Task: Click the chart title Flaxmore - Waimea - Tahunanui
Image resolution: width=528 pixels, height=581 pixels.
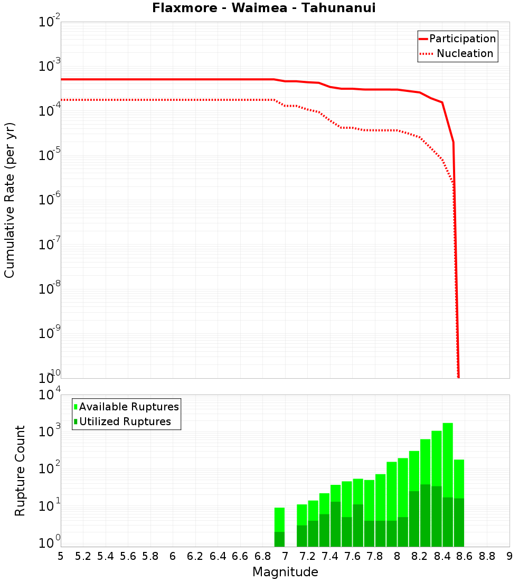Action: tap(263, 8)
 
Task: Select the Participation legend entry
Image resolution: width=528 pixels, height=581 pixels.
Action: tap(462, 39)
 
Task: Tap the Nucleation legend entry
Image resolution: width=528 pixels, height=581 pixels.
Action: tap(465, 53)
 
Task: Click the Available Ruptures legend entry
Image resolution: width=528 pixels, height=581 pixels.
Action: tap(129, 407)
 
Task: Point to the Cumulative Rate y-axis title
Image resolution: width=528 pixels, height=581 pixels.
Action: tap(10, 200)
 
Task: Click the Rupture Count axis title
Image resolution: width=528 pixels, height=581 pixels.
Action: tap(20, 471)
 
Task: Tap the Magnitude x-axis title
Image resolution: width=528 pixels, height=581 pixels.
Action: tap(285, 572)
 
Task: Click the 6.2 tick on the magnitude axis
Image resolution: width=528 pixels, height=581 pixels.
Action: tap(195, 556)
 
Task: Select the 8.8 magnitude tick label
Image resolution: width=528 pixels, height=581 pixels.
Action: tap(487, 556)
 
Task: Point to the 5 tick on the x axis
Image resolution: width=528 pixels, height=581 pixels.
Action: tap(61, 556)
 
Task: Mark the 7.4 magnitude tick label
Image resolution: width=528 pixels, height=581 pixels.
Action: tap(330, 556)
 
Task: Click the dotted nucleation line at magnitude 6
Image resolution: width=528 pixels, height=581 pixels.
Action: tap(173, 99)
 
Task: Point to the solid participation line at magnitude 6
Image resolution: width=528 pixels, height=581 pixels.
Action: tap(173, 79)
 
